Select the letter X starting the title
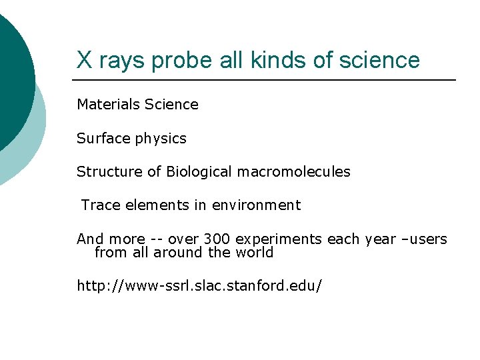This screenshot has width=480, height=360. coord(84,60)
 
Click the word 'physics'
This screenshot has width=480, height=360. coord(161,139)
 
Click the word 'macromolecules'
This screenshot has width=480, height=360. coord(295,171)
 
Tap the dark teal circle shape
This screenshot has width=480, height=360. coord(12,73)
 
